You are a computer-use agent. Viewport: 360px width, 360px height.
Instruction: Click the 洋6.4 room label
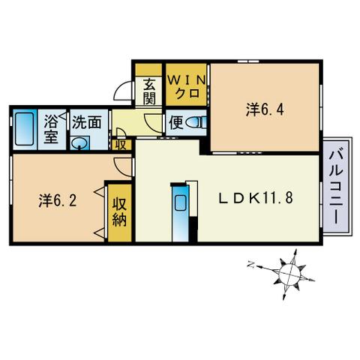pyautogui.click(x=265, y=109)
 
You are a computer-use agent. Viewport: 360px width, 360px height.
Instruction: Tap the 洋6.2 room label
pyautogui.click(x=58, y=200)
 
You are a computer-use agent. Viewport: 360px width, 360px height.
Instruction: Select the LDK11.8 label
pyautogui.click(x=256, y=199)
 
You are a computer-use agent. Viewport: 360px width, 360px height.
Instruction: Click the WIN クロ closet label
pyautogui.click(x=187, y=87)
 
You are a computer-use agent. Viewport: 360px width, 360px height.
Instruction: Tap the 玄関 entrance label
pyautogui.click(x=149, y=91)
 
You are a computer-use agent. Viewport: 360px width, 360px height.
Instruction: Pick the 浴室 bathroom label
pyautogui.click(x=51, y=129)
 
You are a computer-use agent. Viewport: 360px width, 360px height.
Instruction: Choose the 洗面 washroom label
pyautogui.click(x=86, y=122)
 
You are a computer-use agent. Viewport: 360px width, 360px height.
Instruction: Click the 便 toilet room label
pyautogui.click(x=176, y=123)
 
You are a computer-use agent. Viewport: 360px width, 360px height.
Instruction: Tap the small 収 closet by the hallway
pyautogui.click(x=121, y=145)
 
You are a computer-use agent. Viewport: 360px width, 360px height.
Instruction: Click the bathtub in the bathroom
pyautogui.click(x=24, y=129)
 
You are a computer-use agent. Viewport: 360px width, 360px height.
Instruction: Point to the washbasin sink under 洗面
pyautogui.click(x=79, y=143)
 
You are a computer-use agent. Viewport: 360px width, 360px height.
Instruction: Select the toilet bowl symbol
pyautogui.click(x=196, y=123)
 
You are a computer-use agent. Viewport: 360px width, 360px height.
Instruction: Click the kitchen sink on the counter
pyautogui.click(x=179, y=203)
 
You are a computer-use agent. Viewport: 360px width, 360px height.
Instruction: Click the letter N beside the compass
pyautogui.click(x=250, y=264)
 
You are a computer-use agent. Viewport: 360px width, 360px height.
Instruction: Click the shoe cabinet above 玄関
pyautogui.click(x=148, y=70)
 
